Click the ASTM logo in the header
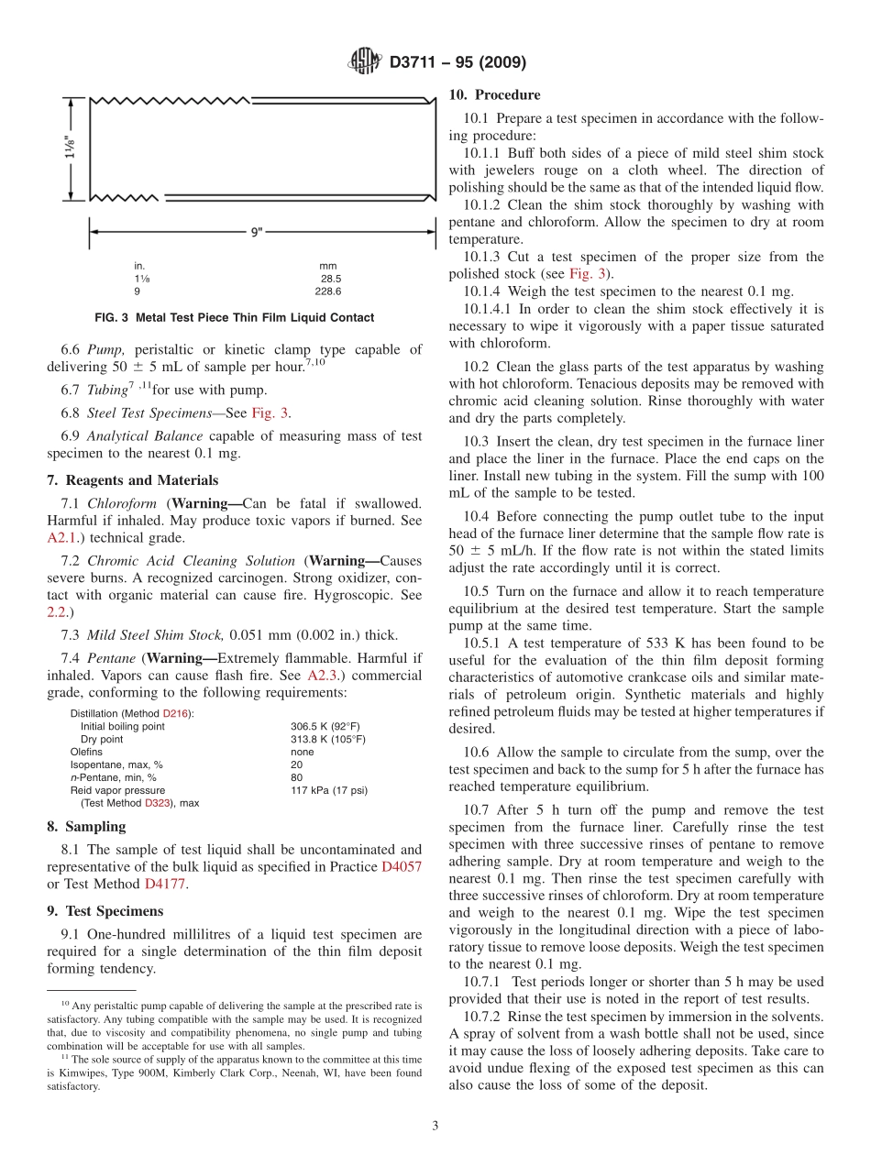pos(365,62)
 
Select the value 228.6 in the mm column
pos(327,291)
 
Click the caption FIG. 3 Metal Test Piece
pos(234,317)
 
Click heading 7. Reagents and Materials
pos(132,480)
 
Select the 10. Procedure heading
pos(494,94)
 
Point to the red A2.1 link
pos(62,538)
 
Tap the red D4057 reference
pos(402,866)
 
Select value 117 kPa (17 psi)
pos(328,790)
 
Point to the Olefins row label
pos(86,752)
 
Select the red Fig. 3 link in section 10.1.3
pos(584,273)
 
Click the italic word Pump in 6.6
pos(104,349)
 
